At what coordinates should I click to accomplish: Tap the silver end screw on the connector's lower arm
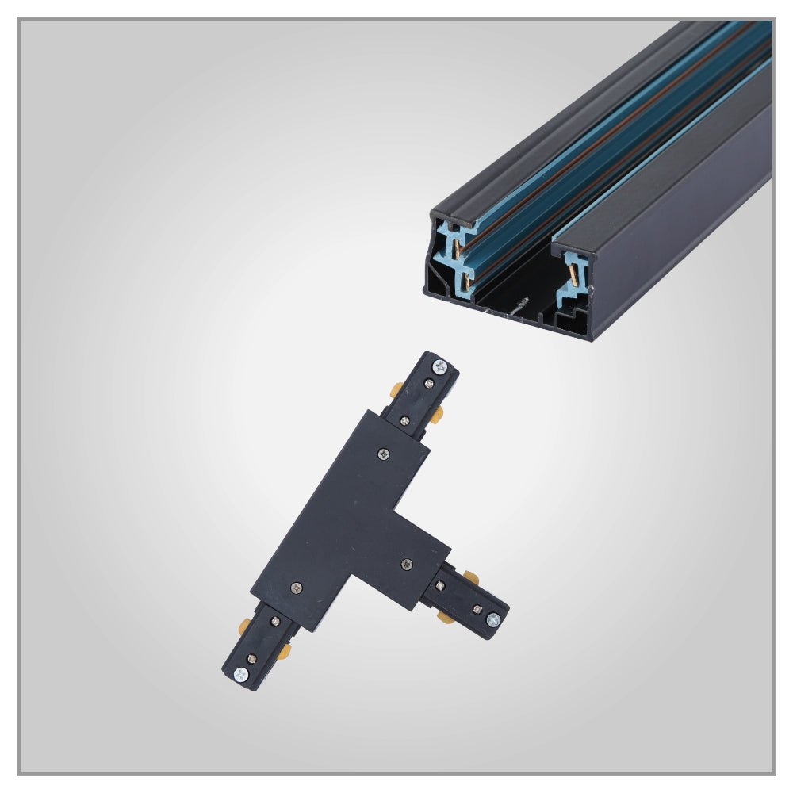240,674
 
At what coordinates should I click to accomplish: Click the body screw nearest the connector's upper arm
385,454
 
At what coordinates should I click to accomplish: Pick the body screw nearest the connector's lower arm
297,588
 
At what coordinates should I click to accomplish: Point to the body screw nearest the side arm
407,564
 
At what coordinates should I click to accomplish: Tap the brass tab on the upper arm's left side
396,390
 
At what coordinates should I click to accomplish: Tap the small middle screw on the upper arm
427,384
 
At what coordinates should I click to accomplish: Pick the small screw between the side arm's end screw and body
477,609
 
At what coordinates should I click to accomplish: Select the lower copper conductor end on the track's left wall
466,279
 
